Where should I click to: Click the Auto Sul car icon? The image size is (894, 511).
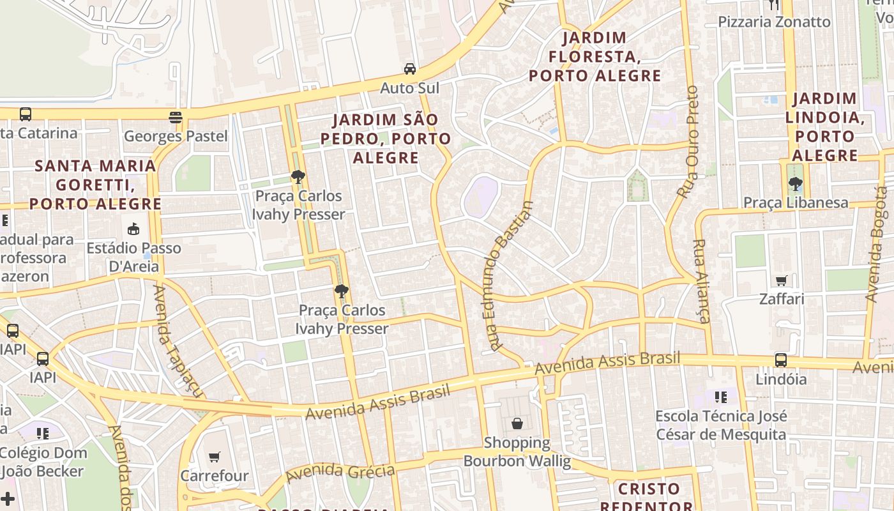pyautogui.click(x=409, y=68)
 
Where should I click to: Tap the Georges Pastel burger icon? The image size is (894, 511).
pyautogui.click(x=176, y=117)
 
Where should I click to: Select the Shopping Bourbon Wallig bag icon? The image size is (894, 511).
pyautogui.click(x=517, y=423)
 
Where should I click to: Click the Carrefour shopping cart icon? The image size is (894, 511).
pyautogui.click(x=215, y=457)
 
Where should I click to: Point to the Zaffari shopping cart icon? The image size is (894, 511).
pyautogui.click(x=782, y=280)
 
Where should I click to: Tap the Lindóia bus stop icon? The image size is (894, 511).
pyautogui.click(x=780, y=360)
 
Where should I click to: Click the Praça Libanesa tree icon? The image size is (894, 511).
pyautogui.click(x=795, y=185)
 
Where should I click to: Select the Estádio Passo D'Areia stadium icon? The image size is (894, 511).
pyautogui.click(x=133, y=229)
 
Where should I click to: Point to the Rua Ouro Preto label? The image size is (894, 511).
pyautogui.click(x=688, y=142)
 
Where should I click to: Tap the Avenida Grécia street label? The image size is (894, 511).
pyautogui.click(x=340, y=473)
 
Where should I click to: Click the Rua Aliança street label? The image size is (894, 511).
pyautogui.click(x=701, y=281)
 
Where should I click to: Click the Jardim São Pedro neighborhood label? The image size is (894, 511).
pyautogui.click(x=386, y=138)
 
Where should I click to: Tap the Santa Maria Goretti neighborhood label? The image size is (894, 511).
pyautogui.click(x=95, y=185)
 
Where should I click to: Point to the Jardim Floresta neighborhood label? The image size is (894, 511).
pyautogui.click(x=595, y=57)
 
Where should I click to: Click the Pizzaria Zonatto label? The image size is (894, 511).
pyautogui.click(x=774, y=22)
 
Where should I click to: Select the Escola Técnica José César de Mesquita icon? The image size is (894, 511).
pyautogui.click(x=721, y=397)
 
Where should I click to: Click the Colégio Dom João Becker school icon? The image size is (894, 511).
pyautogui.click(x=43, y=434)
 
